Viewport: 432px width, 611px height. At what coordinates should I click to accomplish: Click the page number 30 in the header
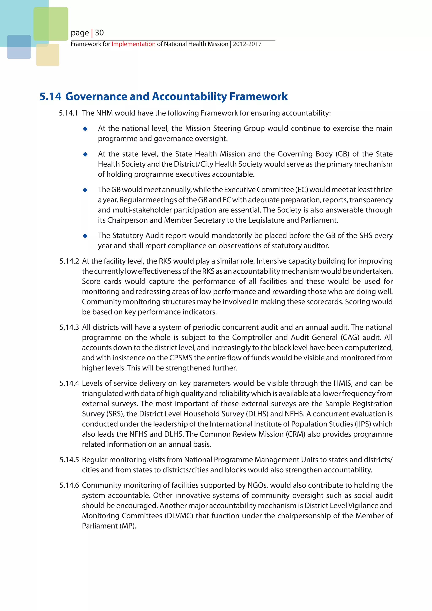(x=99, y=33)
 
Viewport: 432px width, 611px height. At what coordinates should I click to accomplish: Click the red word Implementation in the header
(x=133, y=44)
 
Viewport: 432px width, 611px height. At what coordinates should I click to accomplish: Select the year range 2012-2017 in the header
(x=247, y=44)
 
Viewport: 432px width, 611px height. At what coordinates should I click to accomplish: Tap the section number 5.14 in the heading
(x=50, y=96)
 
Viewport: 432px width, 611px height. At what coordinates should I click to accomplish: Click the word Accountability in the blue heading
(x=190, y=96)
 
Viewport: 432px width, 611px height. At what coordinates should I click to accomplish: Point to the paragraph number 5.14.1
(x=68, y=113)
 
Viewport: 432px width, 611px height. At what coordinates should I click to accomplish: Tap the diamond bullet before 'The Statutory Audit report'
(x=85, y=236)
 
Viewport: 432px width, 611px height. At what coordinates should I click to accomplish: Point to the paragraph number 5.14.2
(x=69, y=261)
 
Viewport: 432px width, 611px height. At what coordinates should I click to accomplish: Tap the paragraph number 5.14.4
(x=69, y=384)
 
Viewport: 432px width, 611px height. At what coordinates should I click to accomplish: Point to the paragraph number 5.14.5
(x=69, y=460)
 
